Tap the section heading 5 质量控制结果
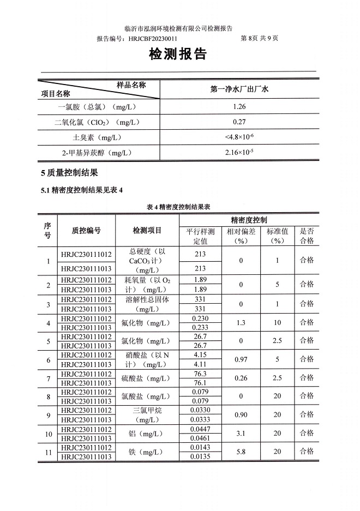point(69,173)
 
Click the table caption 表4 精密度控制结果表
point(179,207)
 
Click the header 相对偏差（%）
point(241,236)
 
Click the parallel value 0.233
point(200,327)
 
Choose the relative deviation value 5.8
point(241,452)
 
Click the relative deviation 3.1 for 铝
point(241,434)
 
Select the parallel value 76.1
point(200,383)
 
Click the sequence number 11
point(48,452)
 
